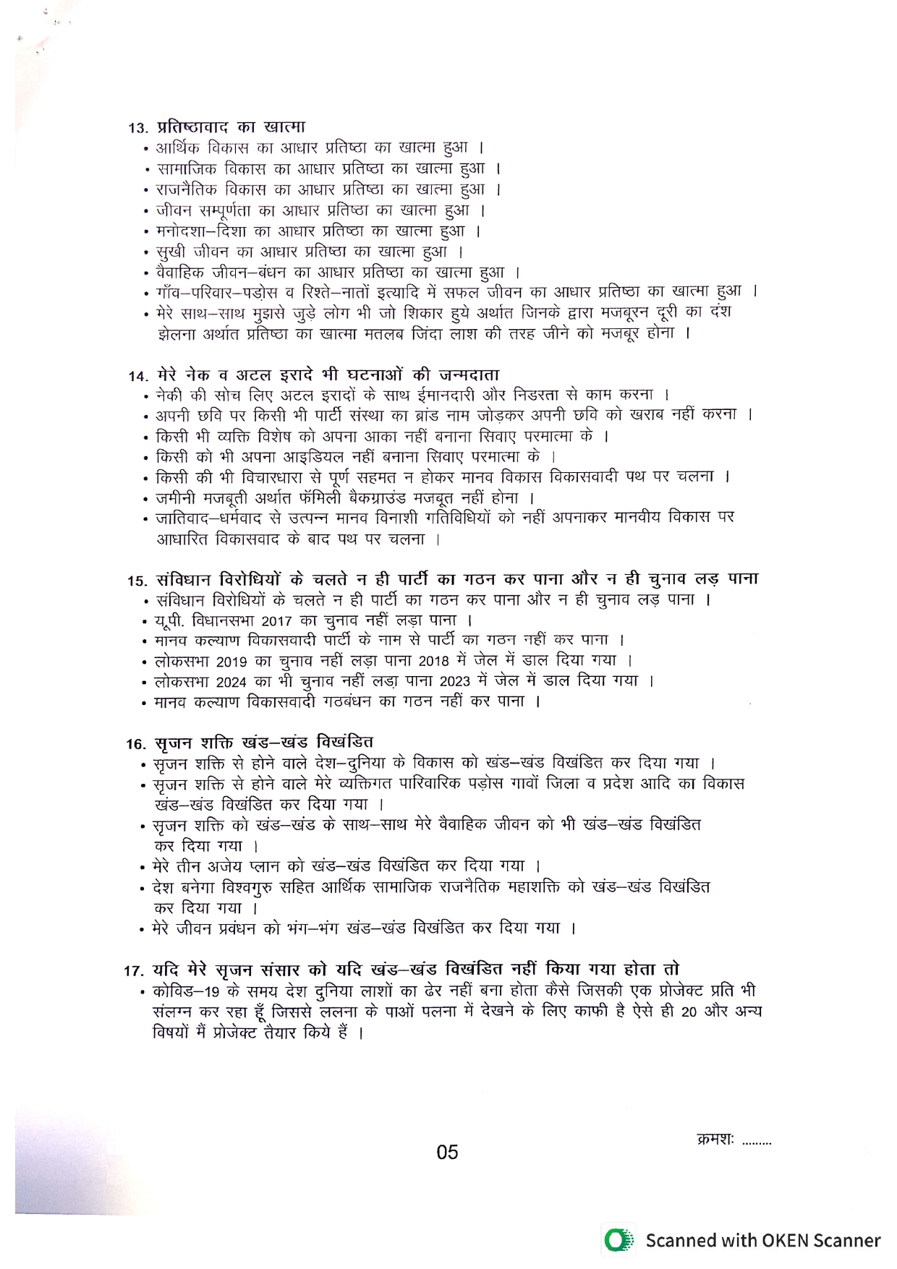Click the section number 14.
tap(137, 377)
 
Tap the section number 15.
tap(137, 581)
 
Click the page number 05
tap(447, 1152)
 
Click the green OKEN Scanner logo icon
tap(617, 1241)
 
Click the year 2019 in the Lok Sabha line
tap(231, 662)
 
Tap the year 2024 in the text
tap(231, 682)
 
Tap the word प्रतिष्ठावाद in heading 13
tap(192, 127)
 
